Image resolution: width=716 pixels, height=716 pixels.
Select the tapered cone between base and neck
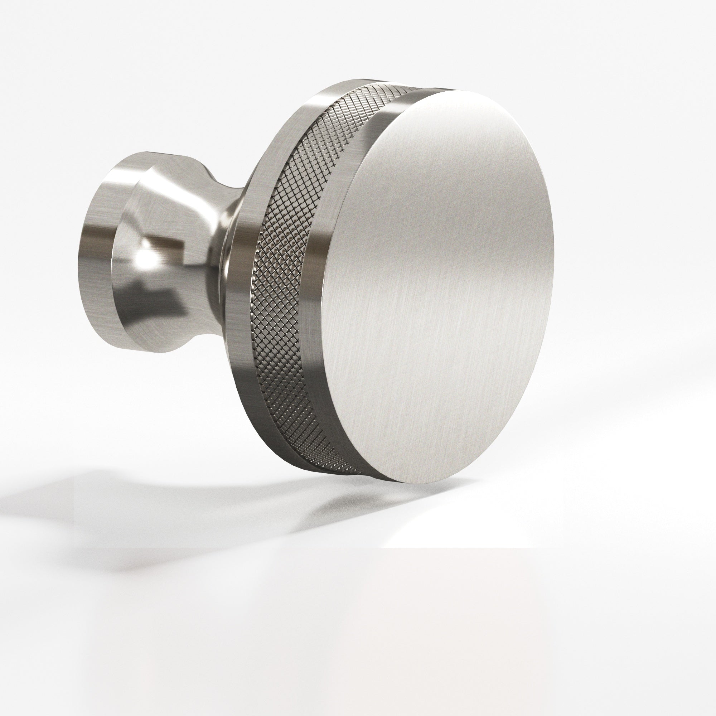pyautogui.click(x=156, y=208)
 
